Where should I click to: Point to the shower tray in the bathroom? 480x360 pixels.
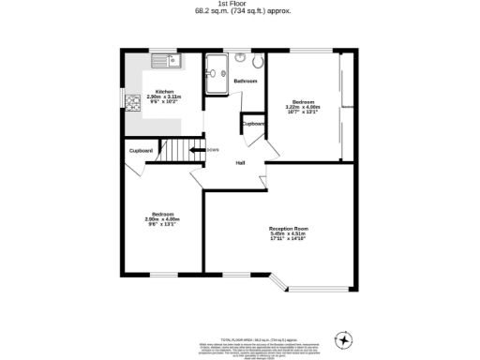point(217,75)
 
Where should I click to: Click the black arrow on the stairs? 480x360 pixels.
point(197,149)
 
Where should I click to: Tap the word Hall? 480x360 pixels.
point(240,163)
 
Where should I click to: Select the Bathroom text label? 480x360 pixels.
point(246,82)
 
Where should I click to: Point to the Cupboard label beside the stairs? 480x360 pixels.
point(141,150)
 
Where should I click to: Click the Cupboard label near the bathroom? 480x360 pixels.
point(253,124)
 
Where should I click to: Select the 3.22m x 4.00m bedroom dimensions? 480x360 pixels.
point(303,107)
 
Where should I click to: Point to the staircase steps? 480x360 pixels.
point(173,149)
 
